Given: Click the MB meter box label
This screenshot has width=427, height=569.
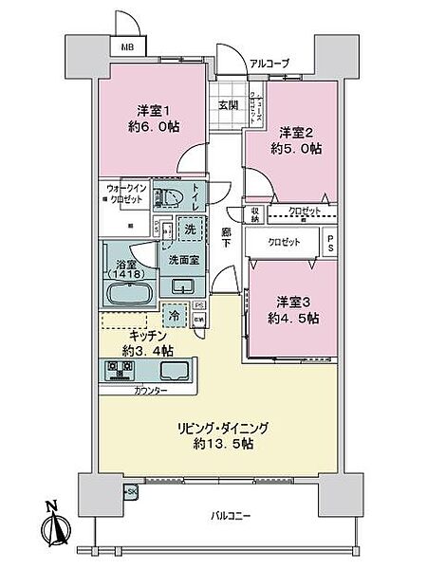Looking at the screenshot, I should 125,46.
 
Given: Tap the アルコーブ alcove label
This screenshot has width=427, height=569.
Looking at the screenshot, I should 269,64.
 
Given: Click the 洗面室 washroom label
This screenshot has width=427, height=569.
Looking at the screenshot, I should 184,260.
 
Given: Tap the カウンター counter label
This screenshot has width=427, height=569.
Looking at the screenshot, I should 150,390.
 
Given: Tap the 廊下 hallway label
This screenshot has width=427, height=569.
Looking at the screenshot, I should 227,237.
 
